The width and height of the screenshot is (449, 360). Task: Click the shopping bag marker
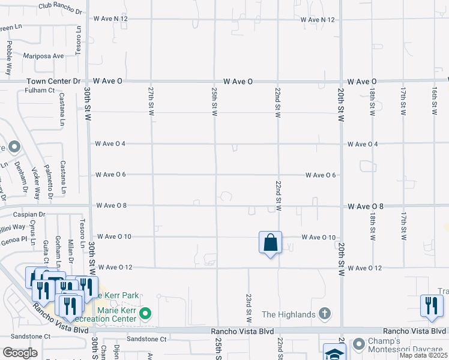point(271,243)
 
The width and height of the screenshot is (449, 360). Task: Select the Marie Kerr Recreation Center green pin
point(145,314)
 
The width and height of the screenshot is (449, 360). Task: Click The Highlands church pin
point(325,314)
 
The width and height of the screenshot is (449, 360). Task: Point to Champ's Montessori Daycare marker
point(359,344)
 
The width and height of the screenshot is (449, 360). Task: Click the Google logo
point(20,353)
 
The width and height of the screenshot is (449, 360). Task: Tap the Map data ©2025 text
point(424,356)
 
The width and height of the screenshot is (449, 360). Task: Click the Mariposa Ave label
point(44,56)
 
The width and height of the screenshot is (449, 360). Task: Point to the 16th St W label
point(434,100)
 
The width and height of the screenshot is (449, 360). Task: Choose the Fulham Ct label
point(40,91)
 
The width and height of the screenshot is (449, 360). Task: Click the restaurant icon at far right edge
point(430,305)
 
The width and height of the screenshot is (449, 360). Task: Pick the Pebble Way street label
point(9,58)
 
